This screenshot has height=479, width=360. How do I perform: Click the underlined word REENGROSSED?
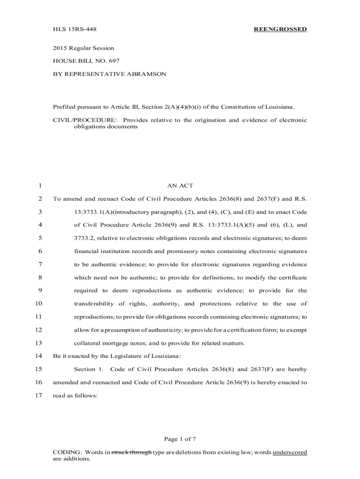pos(280,29)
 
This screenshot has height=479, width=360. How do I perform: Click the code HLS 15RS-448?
pos(72,29)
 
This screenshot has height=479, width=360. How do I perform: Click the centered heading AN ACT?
pos(180,186)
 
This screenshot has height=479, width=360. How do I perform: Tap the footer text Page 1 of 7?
pos(180,439)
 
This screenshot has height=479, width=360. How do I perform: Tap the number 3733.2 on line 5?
pos(85,238)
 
